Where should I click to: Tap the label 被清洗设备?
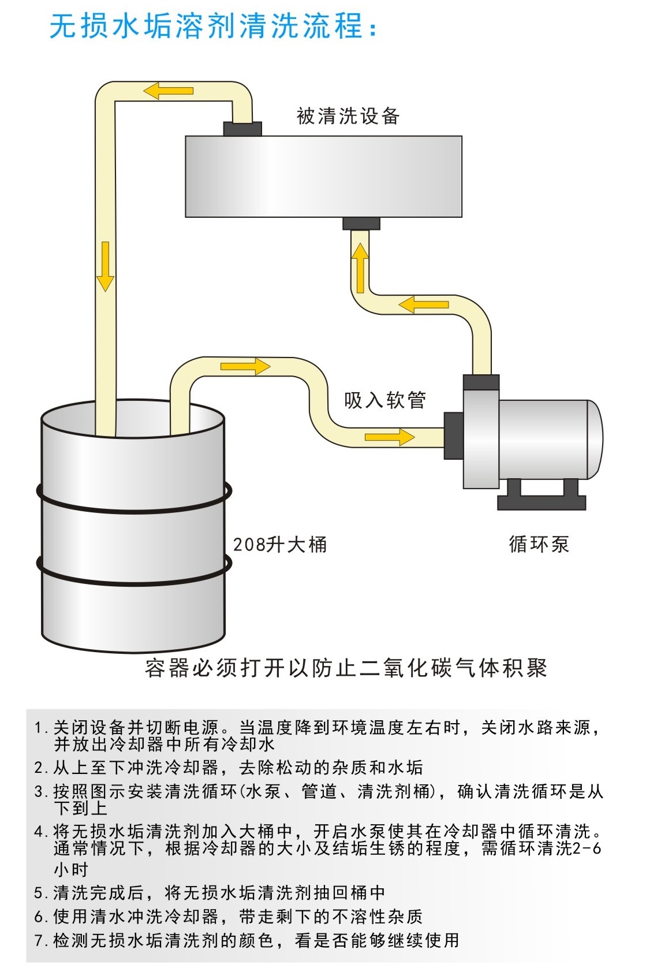348,116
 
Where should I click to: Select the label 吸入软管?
385,400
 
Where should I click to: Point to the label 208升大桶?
280,544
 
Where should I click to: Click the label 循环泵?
539,544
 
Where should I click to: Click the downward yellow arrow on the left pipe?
105,266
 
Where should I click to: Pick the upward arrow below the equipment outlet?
361,268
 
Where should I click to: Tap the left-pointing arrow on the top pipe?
168,91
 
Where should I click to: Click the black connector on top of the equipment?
242,128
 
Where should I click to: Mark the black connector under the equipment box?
361,224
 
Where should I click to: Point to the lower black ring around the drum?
133,573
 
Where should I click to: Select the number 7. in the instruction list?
40,941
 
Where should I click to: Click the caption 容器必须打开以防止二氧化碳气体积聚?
346,668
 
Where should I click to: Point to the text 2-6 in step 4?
587,848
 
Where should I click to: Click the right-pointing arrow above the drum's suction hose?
245,366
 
